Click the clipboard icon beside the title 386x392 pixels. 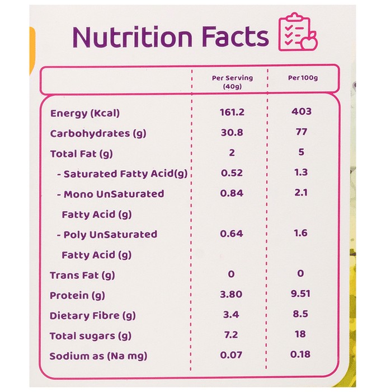(x=298, y=31)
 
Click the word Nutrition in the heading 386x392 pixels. (x=133, y=37)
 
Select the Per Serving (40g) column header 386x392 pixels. (x=232, y=82)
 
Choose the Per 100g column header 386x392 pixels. (x=303, y=78)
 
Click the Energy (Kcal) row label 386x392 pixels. (x=85, y=113)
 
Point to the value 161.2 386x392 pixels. (x=232, y=112)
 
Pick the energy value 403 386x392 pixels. (x=302, y=111)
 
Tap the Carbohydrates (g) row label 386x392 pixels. (x=98, y=133)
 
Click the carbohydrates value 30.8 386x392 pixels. (x=232, y=132)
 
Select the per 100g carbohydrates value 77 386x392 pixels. (x=301, y=132)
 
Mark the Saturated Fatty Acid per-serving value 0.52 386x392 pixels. (x=232, y=172)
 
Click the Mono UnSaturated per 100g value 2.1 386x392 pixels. (x=301, y=193)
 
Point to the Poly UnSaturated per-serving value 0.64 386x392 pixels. (x=232, y=234)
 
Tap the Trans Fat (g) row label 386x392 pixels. (x=82, y=276)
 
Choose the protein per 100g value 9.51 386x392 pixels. (x=300, y=293)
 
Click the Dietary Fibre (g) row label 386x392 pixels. (x=93, y=316)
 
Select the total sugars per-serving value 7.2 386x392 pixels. (x=231, y=334)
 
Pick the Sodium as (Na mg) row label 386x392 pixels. (x=98, y=356)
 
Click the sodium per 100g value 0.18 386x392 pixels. (x=300, y=354)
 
